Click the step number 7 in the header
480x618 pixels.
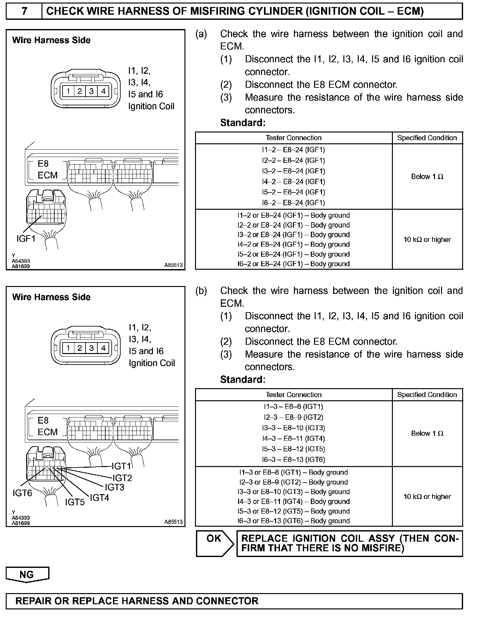(x=24, y=11)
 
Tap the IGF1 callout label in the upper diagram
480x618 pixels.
(x=26, y=238)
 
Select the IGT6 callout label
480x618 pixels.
(x=22, y=493)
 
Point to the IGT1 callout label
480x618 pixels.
(x=121, y=466)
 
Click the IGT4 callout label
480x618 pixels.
(x=99, y=498)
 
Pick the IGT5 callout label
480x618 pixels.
(x=75, y=502)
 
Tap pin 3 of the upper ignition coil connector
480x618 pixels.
(x=92, y=91)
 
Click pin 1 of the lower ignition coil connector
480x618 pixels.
(x=68, y=348)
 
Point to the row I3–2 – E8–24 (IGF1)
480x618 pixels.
(x=293, y=171)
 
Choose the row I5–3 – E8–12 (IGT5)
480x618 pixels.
(x=293, y=449)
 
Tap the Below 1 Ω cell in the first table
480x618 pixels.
(x=427, y=177)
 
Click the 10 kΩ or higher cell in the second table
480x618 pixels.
(x=427, y=496)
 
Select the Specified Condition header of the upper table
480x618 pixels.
(x=427, y=138)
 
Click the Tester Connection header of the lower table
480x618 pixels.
(x=293, y=395)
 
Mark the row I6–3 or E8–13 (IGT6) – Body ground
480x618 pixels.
(x=293, y=521)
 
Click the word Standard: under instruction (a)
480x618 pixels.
(x=243, y=123)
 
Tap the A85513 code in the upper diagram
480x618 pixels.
(x=173, y=265)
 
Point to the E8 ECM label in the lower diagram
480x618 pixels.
(x=47, y=426)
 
